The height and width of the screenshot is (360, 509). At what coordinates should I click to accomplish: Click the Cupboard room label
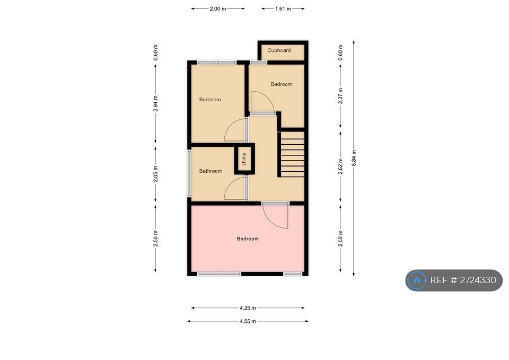(x=279, y=50)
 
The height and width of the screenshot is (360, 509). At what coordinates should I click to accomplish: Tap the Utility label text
(x=244, y=159)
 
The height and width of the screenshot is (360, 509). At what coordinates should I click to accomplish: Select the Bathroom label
(x=210, y=171)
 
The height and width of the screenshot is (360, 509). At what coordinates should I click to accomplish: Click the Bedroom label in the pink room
(x=248, y=239)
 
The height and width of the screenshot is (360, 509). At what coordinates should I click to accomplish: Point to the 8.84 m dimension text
(x=354, y=158)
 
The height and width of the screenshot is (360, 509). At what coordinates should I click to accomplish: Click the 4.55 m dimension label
(x=248, y=321)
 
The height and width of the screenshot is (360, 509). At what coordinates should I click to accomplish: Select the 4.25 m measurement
(x=248, y=308)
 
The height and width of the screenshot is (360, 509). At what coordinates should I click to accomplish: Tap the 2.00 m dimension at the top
(x=218, y=9)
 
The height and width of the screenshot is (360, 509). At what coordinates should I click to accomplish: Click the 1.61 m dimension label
(x=283, y=9)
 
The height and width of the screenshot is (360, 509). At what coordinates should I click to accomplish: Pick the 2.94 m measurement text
(x=155, y=103)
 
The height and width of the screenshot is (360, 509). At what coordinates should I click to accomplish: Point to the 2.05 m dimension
(x=155, y=174)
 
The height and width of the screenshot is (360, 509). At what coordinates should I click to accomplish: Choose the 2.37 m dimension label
(x=340, y=96)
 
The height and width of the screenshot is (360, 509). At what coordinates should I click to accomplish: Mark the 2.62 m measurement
(x=340, y=166)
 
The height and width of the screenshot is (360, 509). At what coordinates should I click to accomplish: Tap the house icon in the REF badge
(x=417, y=280)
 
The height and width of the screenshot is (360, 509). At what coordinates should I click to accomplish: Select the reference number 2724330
(x=478, y=280)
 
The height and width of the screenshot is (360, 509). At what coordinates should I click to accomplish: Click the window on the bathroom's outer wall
(x=189, y=173)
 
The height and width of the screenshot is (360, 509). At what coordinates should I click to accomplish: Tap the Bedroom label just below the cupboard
(x=282, y=84)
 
